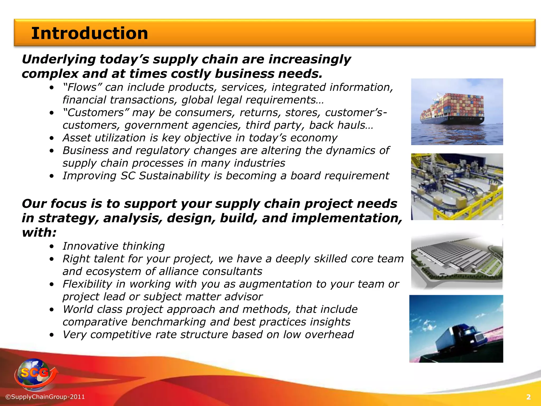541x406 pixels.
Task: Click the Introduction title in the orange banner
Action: coord(90,34)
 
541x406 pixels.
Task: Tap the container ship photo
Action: coord(457,112)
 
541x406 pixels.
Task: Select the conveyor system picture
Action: coord(457,187)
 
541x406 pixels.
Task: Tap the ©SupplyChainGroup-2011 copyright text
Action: coord(45,397)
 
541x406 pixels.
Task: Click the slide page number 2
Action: coord(528,397)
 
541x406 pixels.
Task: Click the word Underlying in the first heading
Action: coord(58,59)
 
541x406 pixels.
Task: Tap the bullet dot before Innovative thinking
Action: coord(52,246)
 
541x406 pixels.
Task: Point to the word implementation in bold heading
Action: coord(346,218)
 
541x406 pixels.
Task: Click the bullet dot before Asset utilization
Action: coord(52,138)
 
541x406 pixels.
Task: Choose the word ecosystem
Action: coord(114,271)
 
